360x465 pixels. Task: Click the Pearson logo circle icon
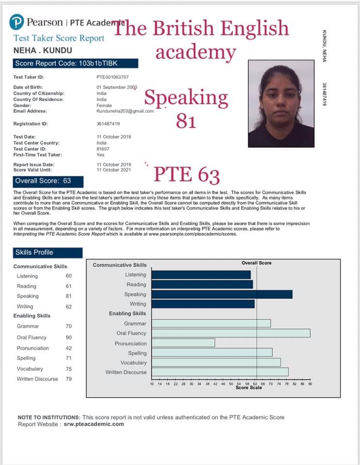[17, 23]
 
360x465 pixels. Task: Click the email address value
[125, 111]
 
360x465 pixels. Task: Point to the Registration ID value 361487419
[109, 124]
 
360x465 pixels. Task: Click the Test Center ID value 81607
[103, 149]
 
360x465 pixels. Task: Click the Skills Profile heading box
[47, 252]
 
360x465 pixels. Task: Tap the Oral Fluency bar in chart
[230, 333]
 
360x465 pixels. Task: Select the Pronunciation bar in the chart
[182, 343]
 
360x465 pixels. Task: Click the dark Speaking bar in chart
[221, 294]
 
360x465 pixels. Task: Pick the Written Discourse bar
[219, 372]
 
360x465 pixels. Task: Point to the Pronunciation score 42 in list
[69, 348]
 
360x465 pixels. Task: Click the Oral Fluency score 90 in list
[69, 338]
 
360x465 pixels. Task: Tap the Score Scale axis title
[249, 388]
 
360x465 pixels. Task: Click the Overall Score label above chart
[256, 263]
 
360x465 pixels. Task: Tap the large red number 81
[186, 120]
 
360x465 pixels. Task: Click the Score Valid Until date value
[113, 170]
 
